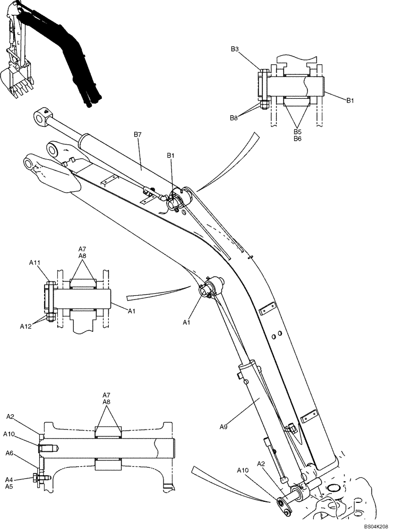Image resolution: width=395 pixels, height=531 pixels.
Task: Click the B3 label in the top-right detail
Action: pos(235,49)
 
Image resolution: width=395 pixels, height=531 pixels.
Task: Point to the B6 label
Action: pos(297,139)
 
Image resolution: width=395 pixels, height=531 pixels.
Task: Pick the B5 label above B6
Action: pos(297,132)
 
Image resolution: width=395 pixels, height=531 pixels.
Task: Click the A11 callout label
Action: pos(35,262)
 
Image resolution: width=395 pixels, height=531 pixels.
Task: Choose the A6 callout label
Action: pos(10,453)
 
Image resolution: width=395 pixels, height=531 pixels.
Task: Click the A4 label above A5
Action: pos(10,479)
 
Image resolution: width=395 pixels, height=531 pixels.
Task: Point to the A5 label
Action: pos(10,486)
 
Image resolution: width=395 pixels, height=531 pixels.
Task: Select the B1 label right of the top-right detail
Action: pos(350,100)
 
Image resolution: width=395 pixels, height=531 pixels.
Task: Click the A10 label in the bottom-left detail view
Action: pos(10,434)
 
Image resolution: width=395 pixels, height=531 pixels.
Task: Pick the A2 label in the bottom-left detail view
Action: pos(11,417)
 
